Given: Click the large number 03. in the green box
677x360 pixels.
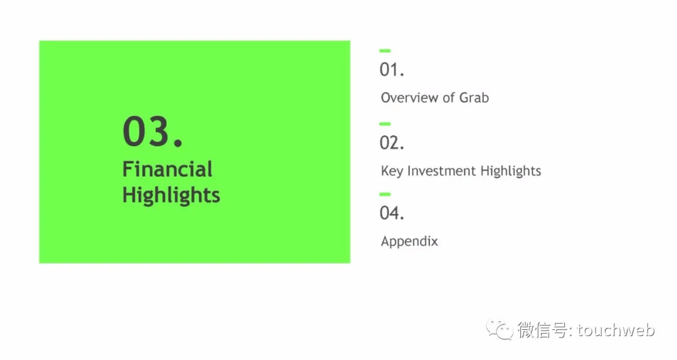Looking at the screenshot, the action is (x=153, y=131).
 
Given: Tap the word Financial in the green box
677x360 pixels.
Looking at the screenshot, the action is (x=167, y=169).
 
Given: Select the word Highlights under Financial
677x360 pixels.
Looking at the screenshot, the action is (x=171, y=195).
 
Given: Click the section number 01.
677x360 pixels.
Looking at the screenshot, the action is (x=392, y=70).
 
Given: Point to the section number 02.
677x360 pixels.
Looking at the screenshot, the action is (x=392, y=142).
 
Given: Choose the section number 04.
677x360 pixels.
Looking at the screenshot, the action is (x=392, y=213).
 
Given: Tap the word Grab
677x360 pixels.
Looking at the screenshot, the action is (x=474, y=98).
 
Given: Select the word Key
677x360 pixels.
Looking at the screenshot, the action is (x=392, y=171).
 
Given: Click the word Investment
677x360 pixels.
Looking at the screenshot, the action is (x=442, y=171).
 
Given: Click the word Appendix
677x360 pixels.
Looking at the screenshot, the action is (x=409, y=241).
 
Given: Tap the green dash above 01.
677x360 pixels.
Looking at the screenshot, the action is (x=385, y=51).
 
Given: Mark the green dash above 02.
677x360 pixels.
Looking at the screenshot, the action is (x=385, y=124).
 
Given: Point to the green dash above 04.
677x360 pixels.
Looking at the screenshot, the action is (x=385, y=194).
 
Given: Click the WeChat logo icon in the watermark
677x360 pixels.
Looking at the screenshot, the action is (x=500, y=330).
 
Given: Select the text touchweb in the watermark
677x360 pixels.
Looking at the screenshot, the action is (x=616, y=330).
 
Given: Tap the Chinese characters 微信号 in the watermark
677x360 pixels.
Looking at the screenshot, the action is (x=543, y=330).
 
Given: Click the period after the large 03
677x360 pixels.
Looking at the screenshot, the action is (x=178, y=142).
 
